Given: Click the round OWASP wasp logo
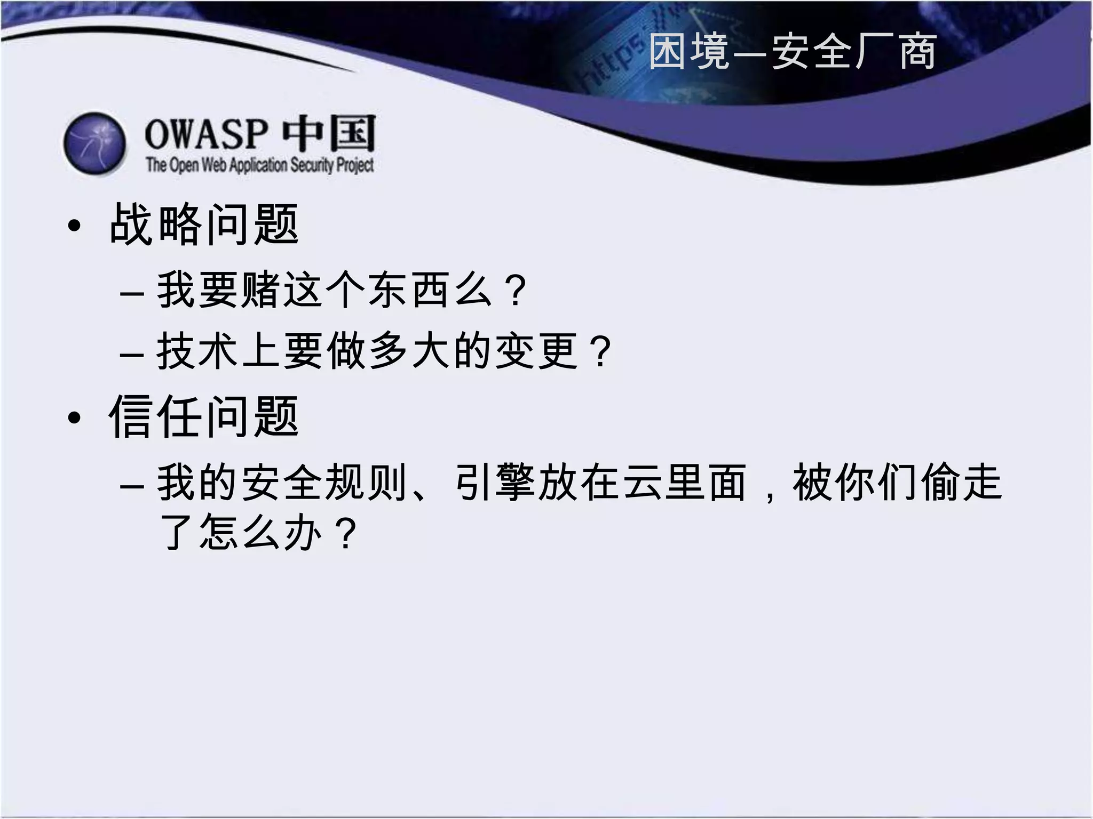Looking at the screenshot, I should pyautogui.click(x=95, y=143).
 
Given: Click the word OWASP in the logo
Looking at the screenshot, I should pyautogui.click(x=205, y=134).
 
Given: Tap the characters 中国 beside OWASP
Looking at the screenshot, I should pyautogui.click(x=329, y=133).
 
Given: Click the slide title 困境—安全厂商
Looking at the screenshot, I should pyautogui.click(x=793, y=52).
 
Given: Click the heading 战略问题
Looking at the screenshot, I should pyautogui.click(x=204, y=224).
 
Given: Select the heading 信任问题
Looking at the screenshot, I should pyautogui.click(x=204, y=417).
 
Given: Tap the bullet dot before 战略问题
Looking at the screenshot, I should pyautogui.click(x=74, y=226).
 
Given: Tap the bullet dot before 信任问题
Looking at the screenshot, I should pyautogui.click(x=74, y=419).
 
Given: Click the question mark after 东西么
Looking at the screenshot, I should pyautogui.click(x=517, y=291).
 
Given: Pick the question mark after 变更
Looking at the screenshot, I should pyautogui.click(x=601, y=351).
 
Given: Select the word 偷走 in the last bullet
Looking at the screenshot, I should pyautogui.click(x=961, y=483).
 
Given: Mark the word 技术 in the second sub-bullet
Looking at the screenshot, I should pyautogui.click(x=197, y=351).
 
